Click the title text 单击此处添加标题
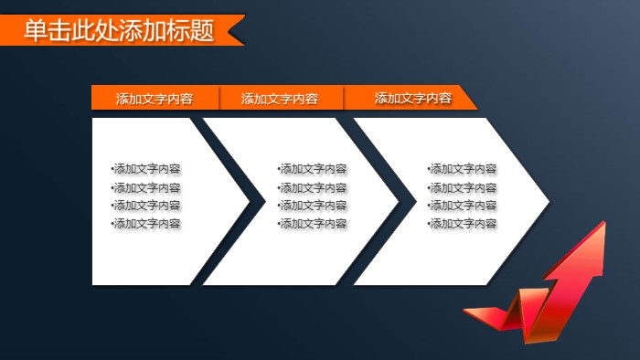119,30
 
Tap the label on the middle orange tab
280,99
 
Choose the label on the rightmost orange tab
413,98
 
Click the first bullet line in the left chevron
146,169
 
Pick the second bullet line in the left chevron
146,187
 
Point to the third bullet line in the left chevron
146,206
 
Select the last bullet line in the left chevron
146,224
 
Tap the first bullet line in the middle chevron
313,169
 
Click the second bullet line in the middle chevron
313,187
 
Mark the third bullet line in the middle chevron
313,206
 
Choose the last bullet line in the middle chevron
313,224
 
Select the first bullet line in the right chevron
463,169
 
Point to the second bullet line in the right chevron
463,187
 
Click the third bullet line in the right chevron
463,206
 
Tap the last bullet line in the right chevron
463,224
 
